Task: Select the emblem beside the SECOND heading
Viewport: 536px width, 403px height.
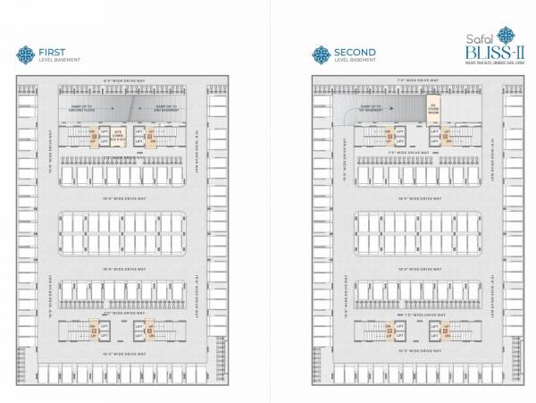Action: pos(321,55)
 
